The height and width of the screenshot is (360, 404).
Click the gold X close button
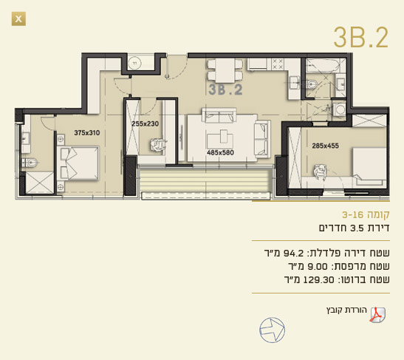point(18,18)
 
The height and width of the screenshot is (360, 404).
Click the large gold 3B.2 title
point(361,38)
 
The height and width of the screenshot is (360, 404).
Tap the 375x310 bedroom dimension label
point(87,133)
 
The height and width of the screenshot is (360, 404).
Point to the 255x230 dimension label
point(145,123)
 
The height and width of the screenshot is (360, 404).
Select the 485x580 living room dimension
point(220,152)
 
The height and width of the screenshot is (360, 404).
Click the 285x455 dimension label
point(326,146)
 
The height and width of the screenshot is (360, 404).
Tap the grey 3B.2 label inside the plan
point(225,89)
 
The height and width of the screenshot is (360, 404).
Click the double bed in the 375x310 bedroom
point(78,163)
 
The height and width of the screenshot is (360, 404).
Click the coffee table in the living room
point(220,140)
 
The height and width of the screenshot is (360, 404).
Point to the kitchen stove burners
point(278,64)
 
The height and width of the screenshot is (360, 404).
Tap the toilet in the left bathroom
point(30,163)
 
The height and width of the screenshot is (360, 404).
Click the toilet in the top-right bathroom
point(311,84)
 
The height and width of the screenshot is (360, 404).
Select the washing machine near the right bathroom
point(340,109)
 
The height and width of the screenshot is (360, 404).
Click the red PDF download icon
point(377,315)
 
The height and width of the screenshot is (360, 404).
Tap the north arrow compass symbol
point(272,330)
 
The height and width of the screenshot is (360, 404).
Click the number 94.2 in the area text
point(293,253)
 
